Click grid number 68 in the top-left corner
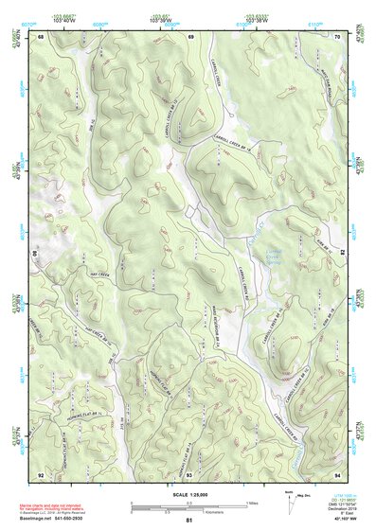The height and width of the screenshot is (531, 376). coord(41,36)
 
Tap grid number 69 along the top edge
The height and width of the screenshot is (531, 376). coord(190,36)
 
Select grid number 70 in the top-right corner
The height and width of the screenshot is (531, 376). coord(338,36)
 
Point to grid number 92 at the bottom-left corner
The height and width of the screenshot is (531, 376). coord(41,473)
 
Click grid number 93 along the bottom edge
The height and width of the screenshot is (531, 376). coord(189,473)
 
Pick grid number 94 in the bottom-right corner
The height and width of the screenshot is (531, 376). coord(338,473)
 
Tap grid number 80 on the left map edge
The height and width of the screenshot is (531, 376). coord(36,254)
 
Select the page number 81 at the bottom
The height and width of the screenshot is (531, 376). coord(189,522)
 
